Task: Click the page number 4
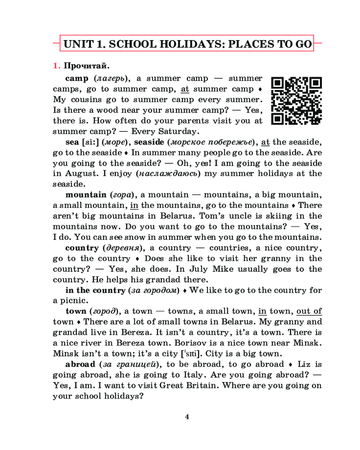(x=187, y=416)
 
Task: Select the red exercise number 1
(x=56, y=66)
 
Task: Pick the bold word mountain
(x=85, y=195)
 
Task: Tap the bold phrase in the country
(x=95, y=290)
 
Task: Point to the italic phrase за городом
(x=154, y=290)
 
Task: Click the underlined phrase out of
(x=309, y=311)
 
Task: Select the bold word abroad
(x=81, y=364)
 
